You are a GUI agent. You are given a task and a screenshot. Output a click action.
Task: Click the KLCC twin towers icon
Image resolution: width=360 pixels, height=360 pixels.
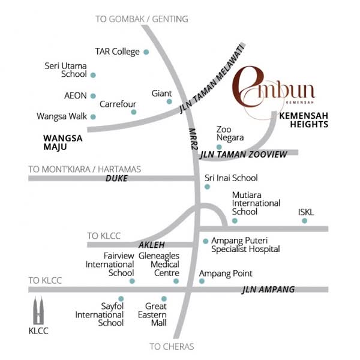click(39, 310)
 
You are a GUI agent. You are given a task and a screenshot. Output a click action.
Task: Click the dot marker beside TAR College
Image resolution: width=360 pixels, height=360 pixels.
click(146, 52)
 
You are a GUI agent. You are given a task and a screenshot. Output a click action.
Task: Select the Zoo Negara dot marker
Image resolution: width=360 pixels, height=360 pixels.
click(219, 146)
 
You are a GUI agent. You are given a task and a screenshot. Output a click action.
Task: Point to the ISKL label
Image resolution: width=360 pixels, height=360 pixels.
click(306, 212)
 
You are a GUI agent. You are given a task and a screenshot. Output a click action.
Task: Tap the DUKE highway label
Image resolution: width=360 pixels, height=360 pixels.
click(116, 178)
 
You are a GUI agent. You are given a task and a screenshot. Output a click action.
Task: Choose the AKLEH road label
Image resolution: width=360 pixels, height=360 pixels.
click(151, 245)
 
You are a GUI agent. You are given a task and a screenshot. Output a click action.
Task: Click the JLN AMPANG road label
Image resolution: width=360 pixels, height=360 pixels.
click(268, 290)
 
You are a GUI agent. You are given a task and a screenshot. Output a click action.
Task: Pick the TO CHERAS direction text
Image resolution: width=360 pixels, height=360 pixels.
click(172, 346)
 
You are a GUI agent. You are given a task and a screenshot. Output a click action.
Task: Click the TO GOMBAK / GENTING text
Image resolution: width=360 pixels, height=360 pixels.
click(142, 19)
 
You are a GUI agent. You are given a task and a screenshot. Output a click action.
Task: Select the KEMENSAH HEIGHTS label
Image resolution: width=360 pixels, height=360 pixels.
click(304, 120)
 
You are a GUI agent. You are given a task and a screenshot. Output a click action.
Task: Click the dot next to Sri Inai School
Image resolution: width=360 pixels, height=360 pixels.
click(207, 187)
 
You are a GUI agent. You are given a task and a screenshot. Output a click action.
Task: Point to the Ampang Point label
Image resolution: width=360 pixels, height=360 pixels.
click(226, 273)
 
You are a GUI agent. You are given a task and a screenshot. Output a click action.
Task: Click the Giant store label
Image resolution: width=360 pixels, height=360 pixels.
click(161, 94)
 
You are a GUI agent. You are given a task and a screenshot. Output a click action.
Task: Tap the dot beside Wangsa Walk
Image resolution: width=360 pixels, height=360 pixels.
click(93, 116)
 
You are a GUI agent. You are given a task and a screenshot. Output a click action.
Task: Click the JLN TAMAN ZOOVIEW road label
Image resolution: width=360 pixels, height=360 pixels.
click(244, 155)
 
